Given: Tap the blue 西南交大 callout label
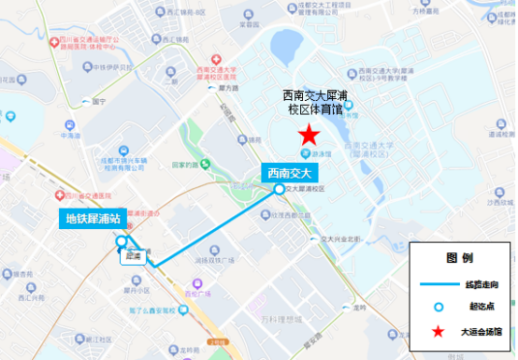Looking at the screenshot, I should click(x=290, y=172).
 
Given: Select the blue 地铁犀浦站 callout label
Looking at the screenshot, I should click(x=92, y=221).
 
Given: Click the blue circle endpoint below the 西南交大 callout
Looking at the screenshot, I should click(x=280, y=189).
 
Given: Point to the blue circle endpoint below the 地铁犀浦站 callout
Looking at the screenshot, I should click(x=122, y=242).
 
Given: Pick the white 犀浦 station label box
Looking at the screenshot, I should click(x=131, y=254).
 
